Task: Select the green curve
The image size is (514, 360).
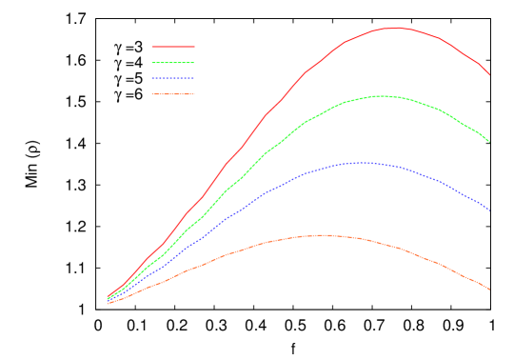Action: (286, 136)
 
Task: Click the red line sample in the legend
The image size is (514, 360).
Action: (173, 46)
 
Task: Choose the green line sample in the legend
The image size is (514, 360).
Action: (173, 62)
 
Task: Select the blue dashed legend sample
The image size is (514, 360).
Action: (173, 78)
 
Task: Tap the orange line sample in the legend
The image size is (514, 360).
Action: (173, 94)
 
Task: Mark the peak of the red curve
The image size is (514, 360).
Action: (395, 28)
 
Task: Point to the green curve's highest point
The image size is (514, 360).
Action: (382, 95)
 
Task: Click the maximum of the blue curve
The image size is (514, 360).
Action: (362, 162)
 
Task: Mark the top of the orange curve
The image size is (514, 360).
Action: (324, 234)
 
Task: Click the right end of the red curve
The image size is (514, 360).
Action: (489, 74)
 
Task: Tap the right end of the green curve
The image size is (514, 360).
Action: (489, 142)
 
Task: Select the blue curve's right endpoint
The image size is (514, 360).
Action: (489, 210)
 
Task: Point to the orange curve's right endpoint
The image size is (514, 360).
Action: (489, 290)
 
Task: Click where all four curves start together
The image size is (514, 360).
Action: (108, 301)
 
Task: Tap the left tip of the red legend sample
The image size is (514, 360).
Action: (152, 46)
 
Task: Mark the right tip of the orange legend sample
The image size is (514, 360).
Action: (194, 94)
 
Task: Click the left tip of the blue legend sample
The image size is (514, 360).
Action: (152, 78)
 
